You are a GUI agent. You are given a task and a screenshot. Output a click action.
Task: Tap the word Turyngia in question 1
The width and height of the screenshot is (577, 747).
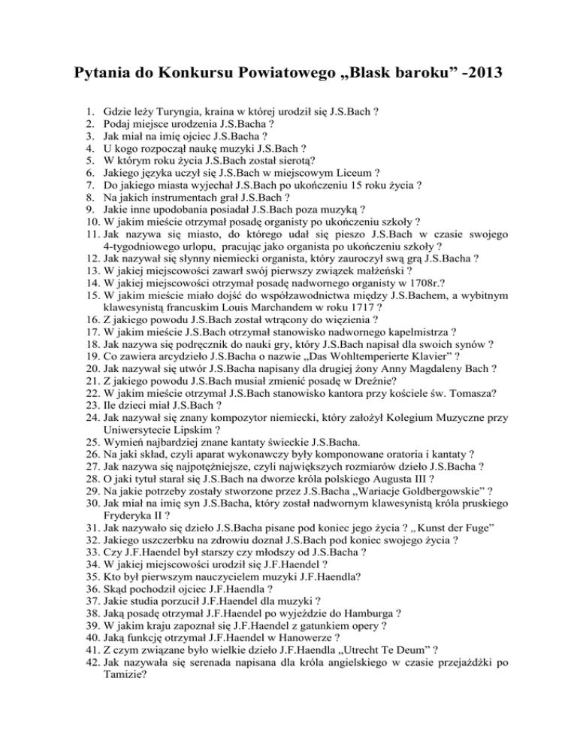tap(178, 110)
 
